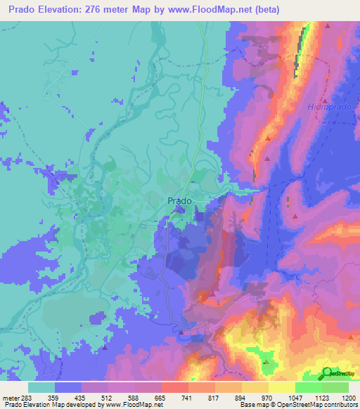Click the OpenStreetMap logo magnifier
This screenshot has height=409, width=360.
327,373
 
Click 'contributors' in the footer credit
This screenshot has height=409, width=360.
338,404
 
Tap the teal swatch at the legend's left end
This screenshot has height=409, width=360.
41,387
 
